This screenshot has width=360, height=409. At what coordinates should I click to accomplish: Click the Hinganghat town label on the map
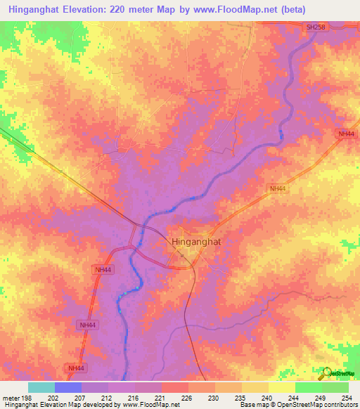[199, 242]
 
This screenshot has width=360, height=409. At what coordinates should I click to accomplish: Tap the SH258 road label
[316, 27]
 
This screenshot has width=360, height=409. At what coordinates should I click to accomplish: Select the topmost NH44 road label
[345, 134]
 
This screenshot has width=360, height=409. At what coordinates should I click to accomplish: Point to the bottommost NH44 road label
[76, 368]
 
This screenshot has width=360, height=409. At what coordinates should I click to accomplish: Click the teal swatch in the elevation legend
[41, 387]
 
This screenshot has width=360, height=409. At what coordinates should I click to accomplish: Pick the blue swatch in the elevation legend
[68, 387]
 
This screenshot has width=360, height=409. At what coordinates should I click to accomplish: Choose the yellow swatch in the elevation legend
[281, 387]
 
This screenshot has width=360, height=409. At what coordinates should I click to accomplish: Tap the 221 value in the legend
[160, 398]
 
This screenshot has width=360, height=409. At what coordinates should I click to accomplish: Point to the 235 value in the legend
[240, 398]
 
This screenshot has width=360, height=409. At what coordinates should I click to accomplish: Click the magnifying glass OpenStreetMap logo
[326, 373]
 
